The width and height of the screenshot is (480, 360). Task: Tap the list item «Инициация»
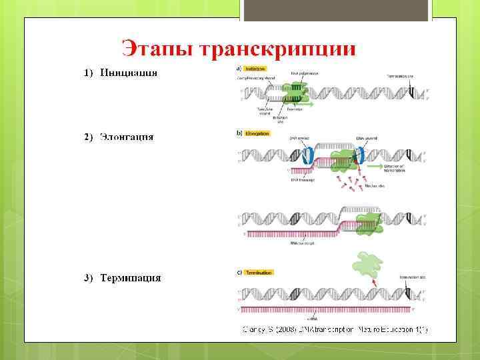coord(129,73)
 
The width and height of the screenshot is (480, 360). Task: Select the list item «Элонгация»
coord(127,137)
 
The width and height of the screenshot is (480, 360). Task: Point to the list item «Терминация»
coord(131,277)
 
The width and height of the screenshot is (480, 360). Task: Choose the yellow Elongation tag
coord(257,133)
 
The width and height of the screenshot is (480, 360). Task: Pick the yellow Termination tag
coord(259,272)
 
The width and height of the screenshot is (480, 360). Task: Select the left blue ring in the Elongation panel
coord(307,155)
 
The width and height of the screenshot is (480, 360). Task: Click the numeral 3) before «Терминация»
coord(89,277)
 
